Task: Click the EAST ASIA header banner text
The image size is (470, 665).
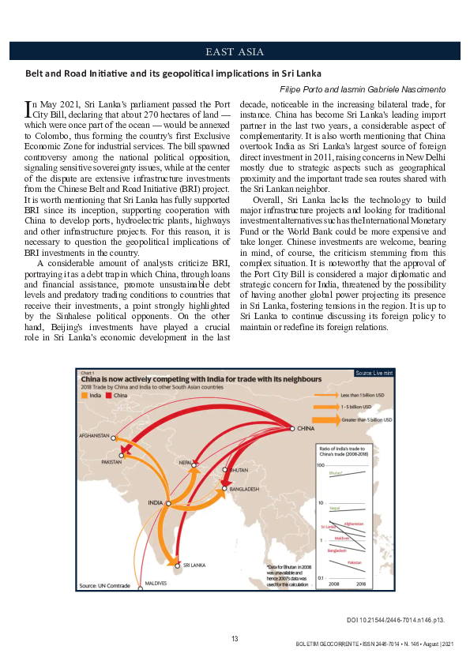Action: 235,52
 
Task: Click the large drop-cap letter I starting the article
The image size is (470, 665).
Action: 29,107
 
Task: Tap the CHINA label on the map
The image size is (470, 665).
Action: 307,429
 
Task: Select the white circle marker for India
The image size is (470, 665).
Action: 167,503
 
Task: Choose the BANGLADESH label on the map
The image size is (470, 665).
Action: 245,490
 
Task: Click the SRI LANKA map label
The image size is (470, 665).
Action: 194,565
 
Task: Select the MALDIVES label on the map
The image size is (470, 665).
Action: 155,581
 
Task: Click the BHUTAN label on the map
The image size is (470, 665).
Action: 238,470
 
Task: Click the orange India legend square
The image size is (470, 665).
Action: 83,396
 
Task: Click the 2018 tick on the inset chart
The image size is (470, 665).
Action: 361,584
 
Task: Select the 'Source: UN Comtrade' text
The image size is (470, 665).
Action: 103,585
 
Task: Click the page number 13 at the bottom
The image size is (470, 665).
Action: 235,638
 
